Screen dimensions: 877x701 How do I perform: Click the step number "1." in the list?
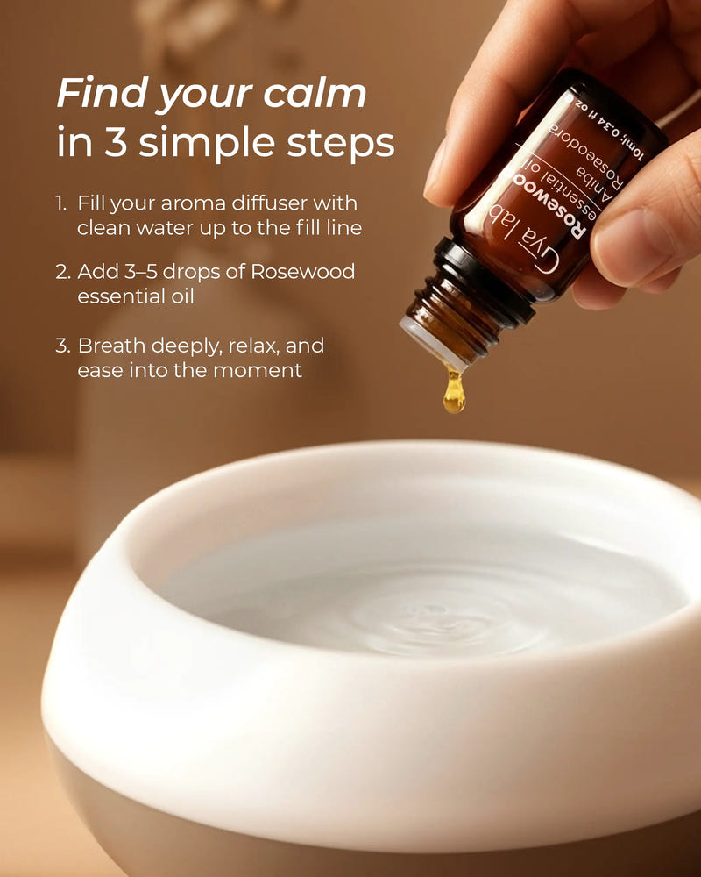tap(61, 203)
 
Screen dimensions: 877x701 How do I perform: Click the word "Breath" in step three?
tap(110, 346)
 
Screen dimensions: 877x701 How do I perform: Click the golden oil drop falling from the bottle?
tap(453, 394)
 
